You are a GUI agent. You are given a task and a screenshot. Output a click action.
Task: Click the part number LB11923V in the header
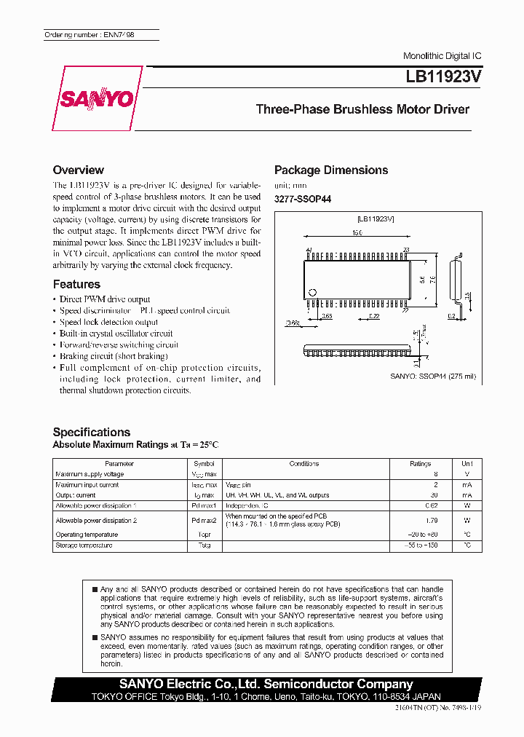tap(439, 74)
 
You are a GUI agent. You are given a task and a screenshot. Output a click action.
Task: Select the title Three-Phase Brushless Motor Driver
tap(362, 110)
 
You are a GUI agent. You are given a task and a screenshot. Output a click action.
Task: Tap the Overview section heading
tap(78, 170)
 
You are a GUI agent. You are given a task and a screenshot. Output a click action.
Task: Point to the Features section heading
tap(76, 284)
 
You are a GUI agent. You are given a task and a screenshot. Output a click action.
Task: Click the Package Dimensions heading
tap(331, 170)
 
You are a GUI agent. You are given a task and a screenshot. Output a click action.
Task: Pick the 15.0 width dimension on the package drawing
tap(357, 233)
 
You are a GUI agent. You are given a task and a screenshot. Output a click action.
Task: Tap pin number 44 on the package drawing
tap(309, 250)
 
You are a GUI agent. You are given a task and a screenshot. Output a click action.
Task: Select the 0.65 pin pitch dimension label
tap(327, 315)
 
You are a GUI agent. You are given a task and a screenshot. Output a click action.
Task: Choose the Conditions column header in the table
tap(303, 463)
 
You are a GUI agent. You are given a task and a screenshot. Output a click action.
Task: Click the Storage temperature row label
tap(84, 545)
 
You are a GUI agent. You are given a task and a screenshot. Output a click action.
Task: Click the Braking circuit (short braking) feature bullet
tap(114, 356)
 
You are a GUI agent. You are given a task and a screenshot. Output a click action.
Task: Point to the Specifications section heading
tap(92, 432)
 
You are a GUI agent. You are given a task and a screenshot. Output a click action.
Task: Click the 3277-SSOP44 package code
tap(302, 199)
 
